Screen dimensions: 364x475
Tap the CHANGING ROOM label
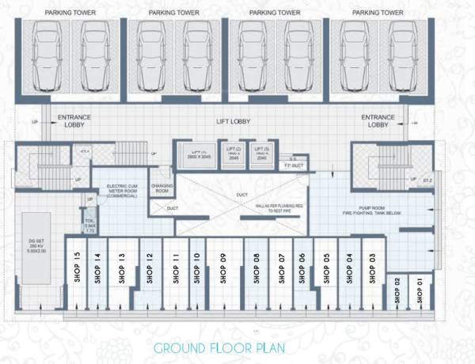coord(161,188)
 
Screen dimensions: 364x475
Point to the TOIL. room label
coord(90,224)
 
